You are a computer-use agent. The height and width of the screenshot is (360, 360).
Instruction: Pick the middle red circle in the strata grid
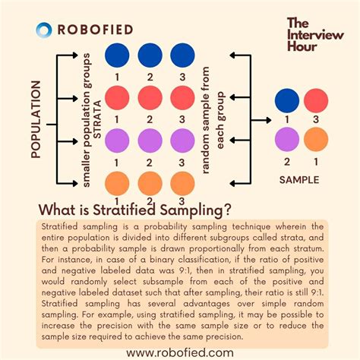pos(150,99)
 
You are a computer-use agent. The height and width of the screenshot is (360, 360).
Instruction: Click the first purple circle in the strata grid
pos(117,141)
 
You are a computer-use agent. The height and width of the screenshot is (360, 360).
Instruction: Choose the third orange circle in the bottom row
pos(182,183)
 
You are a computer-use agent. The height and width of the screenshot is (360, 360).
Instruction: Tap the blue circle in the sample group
pos(287,101)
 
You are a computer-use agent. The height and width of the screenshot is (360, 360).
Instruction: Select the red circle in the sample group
pos(317,101)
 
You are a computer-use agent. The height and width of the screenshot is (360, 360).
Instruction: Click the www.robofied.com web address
pos(180,352)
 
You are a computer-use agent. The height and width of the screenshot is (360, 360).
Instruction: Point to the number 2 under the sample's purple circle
pos(287,161)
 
